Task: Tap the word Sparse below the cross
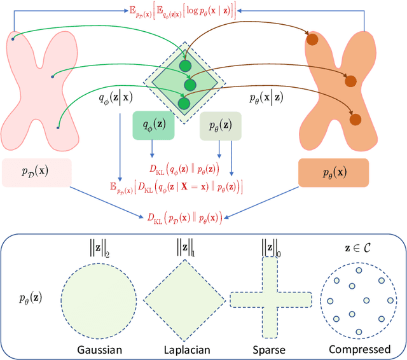270,349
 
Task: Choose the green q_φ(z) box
153,126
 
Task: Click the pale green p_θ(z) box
220,126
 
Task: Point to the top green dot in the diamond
185,66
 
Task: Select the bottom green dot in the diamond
184,102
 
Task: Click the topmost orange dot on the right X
312,40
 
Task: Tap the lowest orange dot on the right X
355,119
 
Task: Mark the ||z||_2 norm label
99,247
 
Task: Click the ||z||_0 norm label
270,247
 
